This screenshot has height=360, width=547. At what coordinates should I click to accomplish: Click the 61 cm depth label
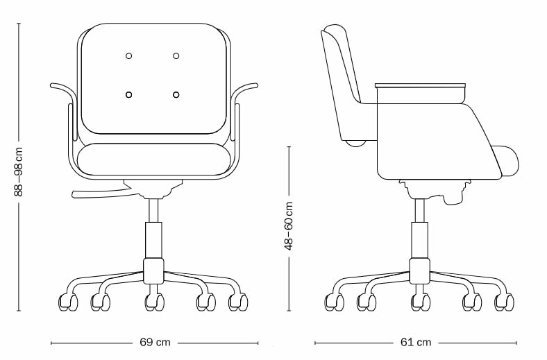[416, 342]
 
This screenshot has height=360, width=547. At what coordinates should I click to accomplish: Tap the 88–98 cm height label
[19, 171]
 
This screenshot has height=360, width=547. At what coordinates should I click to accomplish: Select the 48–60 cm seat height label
[289, 226]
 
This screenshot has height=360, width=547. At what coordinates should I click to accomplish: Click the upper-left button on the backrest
[128, 55]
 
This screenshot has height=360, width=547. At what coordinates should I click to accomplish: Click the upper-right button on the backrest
[176, 55]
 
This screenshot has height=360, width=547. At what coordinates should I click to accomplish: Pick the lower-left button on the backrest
[128, 94]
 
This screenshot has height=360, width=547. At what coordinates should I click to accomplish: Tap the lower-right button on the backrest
[176, 94]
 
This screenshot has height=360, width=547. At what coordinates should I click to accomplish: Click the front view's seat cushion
[153, 162]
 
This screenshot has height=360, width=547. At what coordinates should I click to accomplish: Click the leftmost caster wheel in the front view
[68, 302]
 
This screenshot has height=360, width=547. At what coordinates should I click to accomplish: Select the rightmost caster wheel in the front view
[238, 302]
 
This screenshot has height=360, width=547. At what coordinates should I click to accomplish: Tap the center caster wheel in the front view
[154, 302]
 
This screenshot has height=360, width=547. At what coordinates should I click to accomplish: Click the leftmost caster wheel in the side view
[335, 302]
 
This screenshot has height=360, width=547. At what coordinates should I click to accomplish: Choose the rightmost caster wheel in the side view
[505, 302]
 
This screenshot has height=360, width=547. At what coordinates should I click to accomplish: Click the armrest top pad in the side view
[420, 85]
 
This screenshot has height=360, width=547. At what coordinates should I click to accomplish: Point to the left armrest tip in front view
[51, 85]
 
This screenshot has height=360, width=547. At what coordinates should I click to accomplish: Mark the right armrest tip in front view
[256, 85]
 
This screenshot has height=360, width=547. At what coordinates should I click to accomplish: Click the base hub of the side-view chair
[420, 271]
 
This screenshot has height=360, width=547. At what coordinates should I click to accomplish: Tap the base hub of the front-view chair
[153, 271]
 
